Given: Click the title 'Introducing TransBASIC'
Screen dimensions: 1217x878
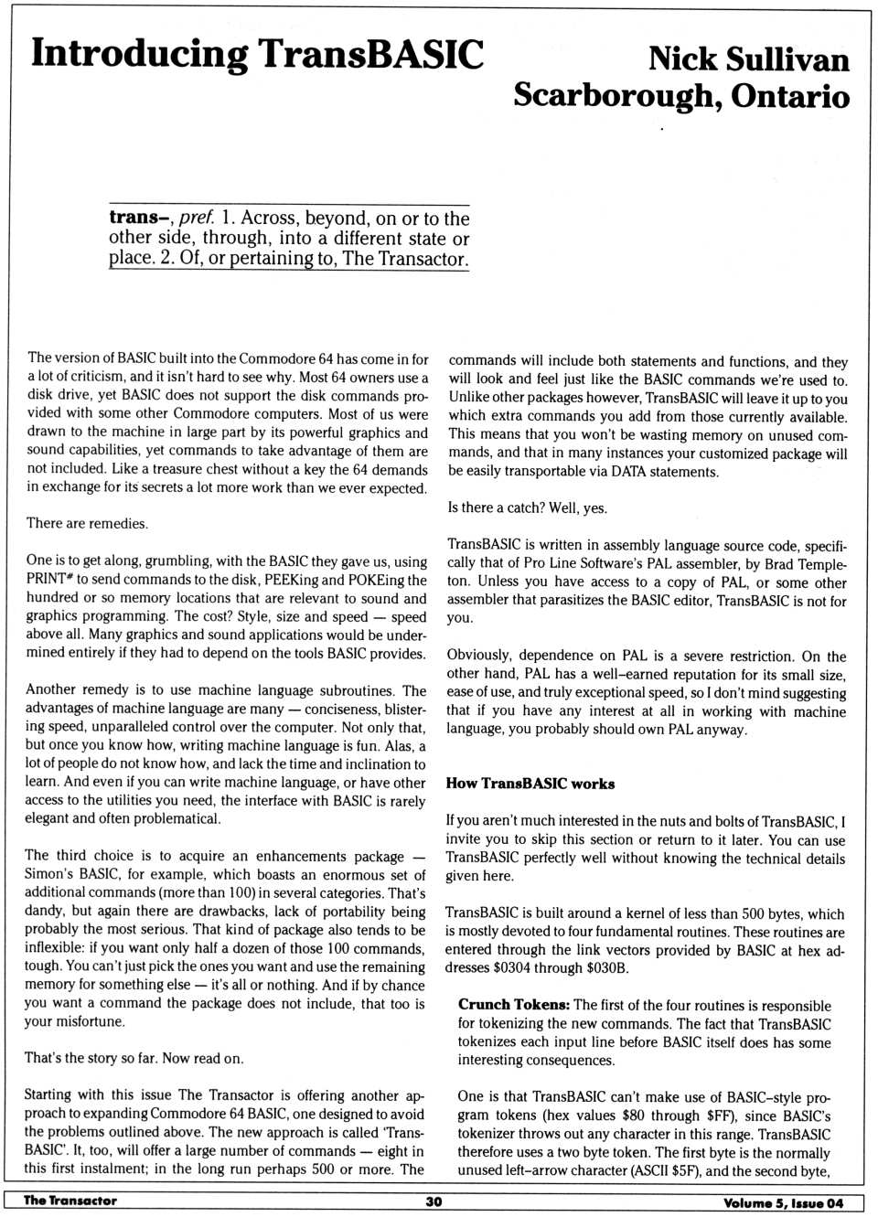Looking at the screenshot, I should pyautogui.click(x=257, y=55).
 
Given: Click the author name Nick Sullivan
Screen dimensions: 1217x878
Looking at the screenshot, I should pyautogui.click(x=748, y=59).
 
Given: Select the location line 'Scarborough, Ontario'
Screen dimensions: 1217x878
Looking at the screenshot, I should pyautogui.click(x=681, y=96).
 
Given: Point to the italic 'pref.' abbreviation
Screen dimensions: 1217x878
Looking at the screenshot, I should pyautogui.click(x=197, y=218).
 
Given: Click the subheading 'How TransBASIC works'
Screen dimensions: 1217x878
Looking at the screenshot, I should pyautogui.click(x=530, y=784).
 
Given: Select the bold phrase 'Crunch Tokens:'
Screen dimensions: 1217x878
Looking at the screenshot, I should pyautogui.click(x=514, y=1005).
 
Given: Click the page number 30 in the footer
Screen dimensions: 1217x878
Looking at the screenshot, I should pyautogui.click(x=434, y=1201).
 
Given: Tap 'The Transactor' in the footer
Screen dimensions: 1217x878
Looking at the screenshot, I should pyautogui.click(x=70, y=1201).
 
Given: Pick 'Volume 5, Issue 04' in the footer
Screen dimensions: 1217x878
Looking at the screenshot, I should pyautogui.click(x=783, y=1202).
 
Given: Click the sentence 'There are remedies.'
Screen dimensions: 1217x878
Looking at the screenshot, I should pyautogui.click(x=87, y=524).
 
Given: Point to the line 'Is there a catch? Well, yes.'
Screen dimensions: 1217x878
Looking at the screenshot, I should pyautogui.click(x=527, y=508).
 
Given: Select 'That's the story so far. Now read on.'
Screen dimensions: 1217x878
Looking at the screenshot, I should pyautogui.click(x=134, y=1059).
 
